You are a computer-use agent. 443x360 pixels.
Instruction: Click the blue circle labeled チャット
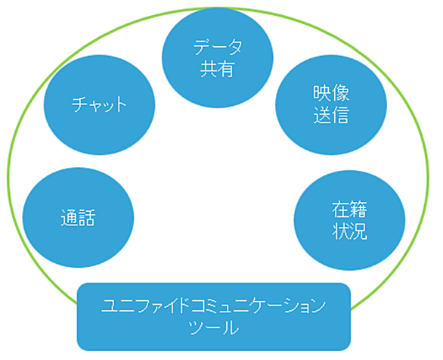click(x=100, y=105)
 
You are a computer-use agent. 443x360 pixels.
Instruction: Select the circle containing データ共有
click(x=218, y=58)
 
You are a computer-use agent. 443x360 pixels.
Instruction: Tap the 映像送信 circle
click(x=331, y=105)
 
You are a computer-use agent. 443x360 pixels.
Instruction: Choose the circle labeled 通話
click(x=78, y=218)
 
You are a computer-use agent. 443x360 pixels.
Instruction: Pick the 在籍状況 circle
click(x=349, y=220)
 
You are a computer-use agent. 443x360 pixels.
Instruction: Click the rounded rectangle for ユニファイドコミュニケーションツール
click(x=214, y=317)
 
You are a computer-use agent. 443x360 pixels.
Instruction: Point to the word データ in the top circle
click(x=218, y=47)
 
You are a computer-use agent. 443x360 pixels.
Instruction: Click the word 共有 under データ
click(x=217, y=69)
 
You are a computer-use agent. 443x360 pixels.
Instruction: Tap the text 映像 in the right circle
click(x=331, y=93)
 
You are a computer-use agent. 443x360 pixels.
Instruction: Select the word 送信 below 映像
click(x=331, y=115)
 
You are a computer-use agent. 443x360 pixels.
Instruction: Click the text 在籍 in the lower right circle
click(x=349, y=209)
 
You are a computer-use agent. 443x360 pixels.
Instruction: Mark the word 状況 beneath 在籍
click(x=349, y=231)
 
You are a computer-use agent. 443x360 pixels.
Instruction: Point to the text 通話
click(x=78, y=218)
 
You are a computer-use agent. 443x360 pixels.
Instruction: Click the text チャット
click(x=99, y=104)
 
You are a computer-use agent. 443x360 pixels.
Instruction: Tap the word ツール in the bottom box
click(x=214, y=327)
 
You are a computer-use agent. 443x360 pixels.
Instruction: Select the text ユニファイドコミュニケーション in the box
click(x=214, y=306)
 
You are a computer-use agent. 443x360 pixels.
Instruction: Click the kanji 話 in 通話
click(x=87, y=218)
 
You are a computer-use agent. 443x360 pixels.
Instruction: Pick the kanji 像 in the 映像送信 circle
click(x=341, y=93)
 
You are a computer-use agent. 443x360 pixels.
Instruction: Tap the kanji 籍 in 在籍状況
click(x=359, y=209)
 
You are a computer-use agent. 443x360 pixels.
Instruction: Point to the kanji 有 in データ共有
click(x=226, y=69)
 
